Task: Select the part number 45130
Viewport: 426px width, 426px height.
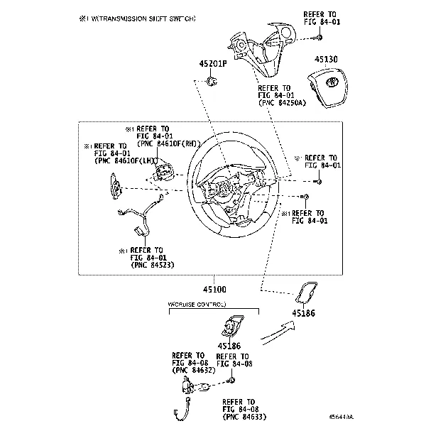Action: [x=327, y=60]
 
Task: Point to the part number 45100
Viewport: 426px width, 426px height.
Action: [x=214, y=290]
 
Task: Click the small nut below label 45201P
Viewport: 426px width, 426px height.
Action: [x=211, y=82]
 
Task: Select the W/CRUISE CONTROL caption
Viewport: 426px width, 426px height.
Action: [x=197, y=304]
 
